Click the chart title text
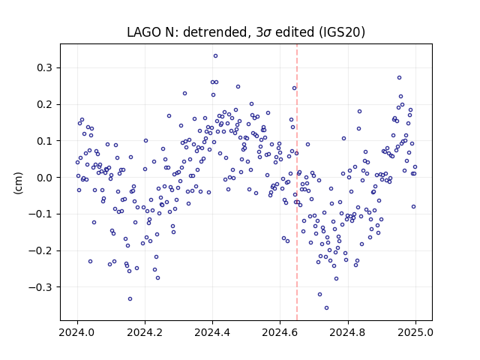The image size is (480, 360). (x=246, y=31)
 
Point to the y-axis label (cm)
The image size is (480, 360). (x=18, y=183)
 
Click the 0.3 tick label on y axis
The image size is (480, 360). (x=44, y=67)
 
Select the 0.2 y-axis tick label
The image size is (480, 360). (x=44, y=104)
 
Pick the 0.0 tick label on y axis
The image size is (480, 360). (x=44, y=178)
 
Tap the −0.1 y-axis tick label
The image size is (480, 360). (x=40, y=214)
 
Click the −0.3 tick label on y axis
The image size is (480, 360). (x=40, y=287)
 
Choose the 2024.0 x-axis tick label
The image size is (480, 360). (x=77, y=332)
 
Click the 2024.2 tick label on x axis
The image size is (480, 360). (x=145, y=332)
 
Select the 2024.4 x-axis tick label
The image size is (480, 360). (x=212, y=332)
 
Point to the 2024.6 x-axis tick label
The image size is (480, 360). (x=280, y=332)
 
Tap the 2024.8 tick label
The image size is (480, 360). (x=348, y=332)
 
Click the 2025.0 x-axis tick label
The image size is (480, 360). (x=415, y=332)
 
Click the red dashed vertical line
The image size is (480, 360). (x=297, y=182)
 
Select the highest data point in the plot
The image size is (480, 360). (x=215, y=56)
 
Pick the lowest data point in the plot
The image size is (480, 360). (x=327, y=308)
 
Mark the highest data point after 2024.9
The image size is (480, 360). (x=400, y=78)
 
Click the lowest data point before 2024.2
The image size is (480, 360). (x=130, y=298)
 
